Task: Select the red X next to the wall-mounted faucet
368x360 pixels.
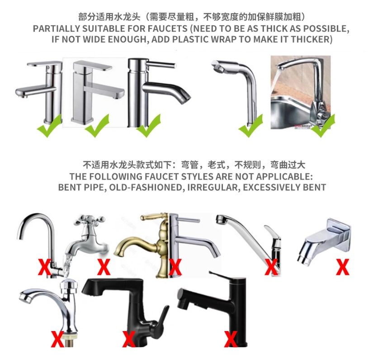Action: (x=343, y=267)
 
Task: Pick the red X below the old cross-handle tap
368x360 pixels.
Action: (x=104, y=267)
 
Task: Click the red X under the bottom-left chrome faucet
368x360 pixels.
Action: (x=57, y=339)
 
